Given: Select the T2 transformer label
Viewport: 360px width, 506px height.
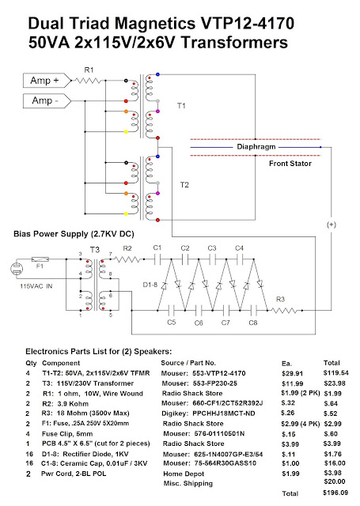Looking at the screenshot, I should [184, 185].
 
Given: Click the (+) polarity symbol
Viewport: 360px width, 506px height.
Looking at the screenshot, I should [332, 225].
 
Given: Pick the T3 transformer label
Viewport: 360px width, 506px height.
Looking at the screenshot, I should [94, 250].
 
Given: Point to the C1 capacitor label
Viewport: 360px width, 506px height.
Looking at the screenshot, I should [157, 248].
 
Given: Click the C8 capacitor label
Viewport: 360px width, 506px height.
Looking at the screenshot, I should [254, 322].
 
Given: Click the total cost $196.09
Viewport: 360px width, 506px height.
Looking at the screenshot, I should [334, 493].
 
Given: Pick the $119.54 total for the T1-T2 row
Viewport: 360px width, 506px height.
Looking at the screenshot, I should [334, 370].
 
